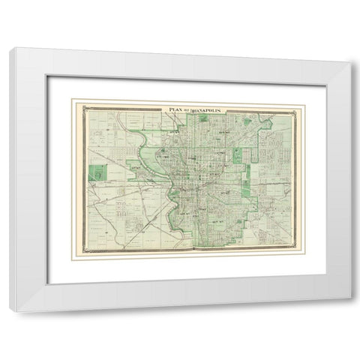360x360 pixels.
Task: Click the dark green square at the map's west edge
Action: tap(97, 172)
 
